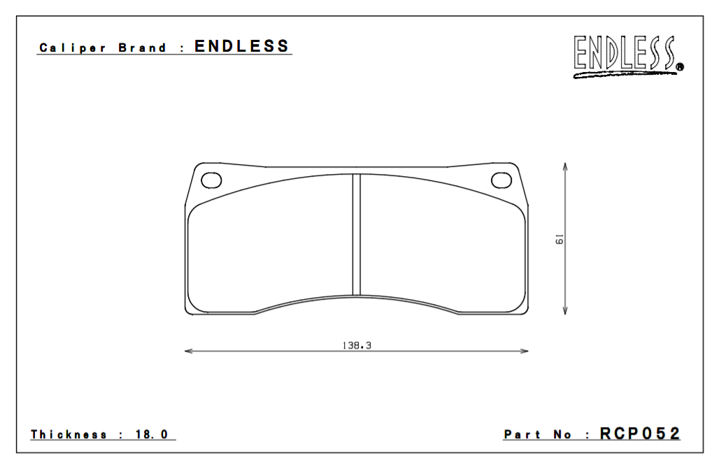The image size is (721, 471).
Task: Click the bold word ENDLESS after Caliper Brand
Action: point(241,47)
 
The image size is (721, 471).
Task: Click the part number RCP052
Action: point(639,433)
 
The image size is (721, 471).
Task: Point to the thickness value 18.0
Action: point(152,435)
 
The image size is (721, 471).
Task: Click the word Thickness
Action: point(69,435)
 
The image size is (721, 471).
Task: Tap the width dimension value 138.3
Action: point(356,345)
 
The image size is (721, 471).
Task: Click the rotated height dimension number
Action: point(559,240)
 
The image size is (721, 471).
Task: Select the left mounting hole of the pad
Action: point(211,180)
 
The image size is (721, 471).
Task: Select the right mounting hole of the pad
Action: point(501,180)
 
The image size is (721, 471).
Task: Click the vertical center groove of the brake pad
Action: point(356,234)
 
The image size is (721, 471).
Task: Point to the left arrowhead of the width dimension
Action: point(187,351)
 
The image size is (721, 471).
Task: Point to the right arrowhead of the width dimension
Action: point(525,351)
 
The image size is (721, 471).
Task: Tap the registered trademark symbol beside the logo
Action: point(680,68)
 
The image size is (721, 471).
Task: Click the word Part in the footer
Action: point(522,435)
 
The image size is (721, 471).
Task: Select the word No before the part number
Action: point(562,435)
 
